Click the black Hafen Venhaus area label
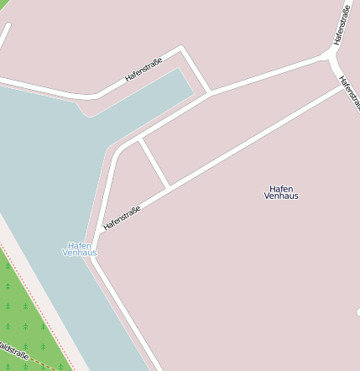point(281,192)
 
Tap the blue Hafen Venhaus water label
point(81,249)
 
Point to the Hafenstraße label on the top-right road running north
point(341,24)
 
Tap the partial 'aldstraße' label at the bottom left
point(13,353)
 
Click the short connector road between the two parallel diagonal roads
point(154,162)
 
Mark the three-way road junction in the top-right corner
point(331,58)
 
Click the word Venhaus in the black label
point(281,196)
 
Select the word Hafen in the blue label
point(80,245)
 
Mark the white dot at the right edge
point(357,312)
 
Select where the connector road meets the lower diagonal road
point(170,186)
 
